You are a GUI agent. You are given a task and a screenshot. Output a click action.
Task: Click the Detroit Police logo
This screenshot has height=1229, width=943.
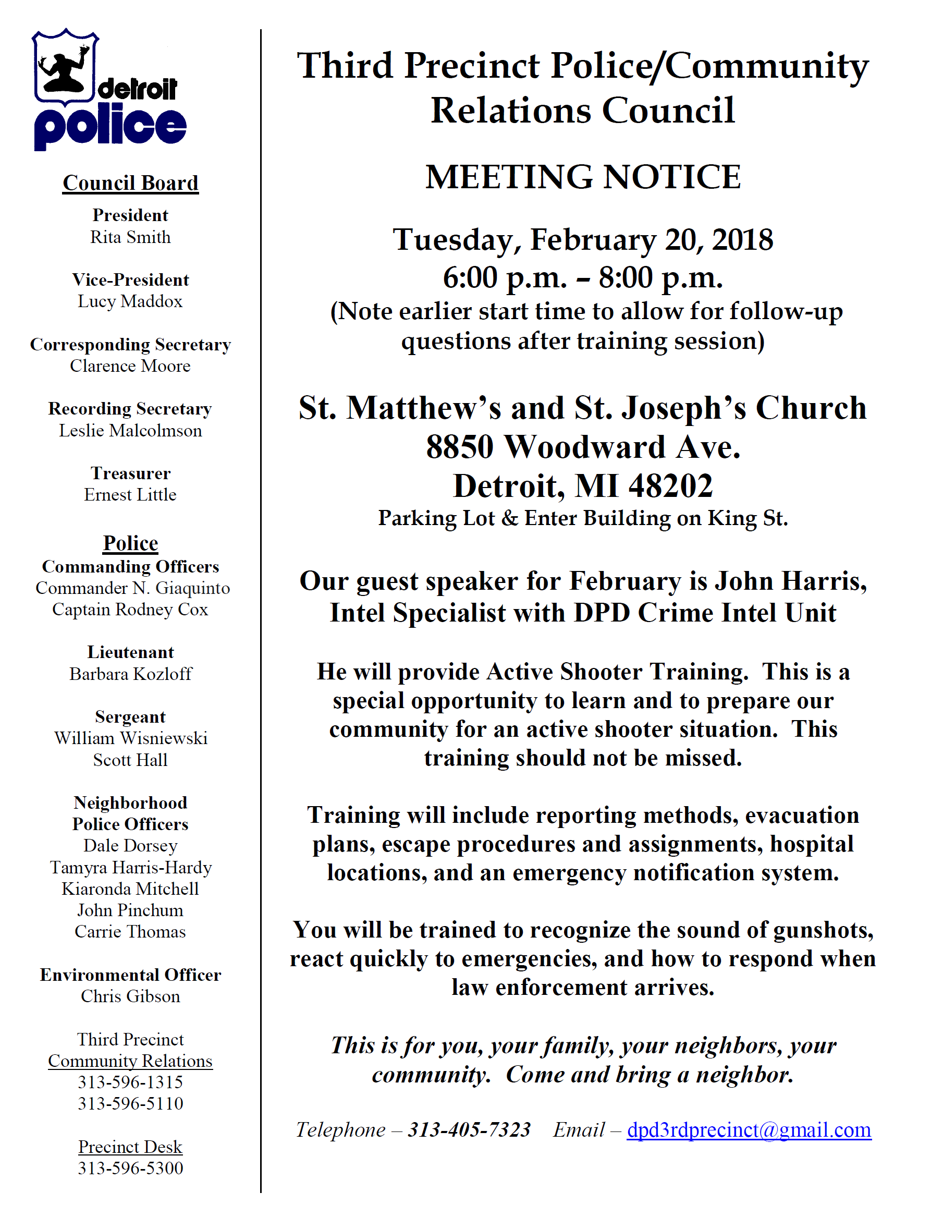tap(109, 90)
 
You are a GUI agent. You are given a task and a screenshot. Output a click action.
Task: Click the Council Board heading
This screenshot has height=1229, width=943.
tap(130, 183)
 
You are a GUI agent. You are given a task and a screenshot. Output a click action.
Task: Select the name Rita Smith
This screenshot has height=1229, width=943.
tap(130, 237)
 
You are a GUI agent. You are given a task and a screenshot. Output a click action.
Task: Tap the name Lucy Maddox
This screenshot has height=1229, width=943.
tap(130, 301)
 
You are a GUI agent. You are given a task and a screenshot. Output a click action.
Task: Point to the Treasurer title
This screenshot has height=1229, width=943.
tap(130, 473)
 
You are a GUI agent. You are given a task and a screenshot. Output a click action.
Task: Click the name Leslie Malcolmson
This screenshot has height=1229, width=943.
tap(130, 431)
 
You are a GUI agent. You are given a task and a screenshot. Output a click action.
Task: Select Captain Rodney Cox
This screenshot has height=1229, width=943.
tap(130, 609)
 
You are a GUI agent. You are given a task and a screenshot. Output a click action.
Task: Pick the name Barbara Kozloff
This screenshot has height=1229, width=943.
tap(130, 674)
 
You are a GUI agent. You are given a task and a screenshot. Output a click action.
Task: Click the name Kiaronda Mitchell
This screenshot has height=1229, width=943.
tap(130, 889)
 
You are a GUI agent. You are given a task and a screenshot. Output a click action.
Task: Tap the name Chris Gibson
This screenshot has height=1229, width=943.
tap(130, 996)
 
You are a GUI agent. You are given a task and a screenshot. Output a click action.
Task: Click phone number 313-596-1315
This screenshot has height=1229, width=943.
tap(130, 1082)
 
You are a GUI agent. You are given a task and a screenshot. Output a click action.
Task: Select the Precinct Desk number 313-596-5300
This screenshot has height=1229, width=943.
tap(130, 1168)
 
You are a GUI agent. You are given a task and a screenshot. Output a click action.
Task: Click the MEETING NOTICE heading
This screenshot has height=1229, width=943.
tap(583, 177)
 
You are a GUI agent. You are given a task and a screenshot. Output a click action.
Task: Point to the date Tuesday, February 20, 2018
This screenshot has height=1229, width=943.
tap(583, 240)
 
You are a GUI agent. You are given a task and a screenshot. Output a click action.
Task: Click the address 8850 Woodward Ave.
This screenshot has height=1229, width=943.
tap(583, 447)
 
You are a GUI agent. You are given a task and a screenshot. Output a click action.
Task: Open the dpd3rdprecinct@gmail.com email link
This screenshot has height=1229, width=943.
tap(749, 1129)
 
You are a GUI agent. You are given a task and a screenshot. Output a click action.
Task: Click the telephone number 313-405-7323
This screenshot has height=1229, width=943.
tap(469, 1129)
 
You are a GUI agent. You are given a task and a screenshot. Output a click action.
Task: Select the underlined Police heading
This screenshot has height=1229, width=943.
tap(130, 543)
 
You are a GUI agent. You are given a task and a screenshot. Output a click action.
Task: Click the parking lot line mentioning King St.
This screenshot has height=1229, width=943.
tap(583, 518)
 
